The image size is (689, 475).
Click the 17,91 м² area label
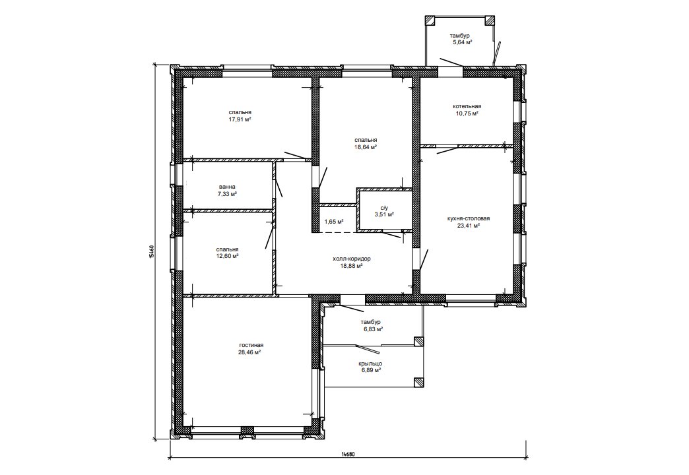point(240,119)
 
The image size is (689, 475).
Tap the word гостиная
point(251,346)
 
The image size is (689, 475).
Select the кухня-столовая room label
point(468,218)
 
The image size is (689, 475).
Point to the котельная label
point(467,106)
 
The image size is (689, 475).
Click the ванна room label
point(227,187)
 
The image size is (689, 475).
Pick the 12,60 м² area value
point(227,256)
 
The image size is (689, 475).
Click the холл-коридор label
point(352,259)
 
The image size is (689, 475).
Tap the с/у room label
point(384,208)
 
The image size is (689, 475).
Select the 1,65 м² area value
point(333,222)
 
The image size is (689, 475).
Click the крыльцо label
point(370,364)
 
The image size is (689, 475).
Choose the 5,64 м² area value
point(462,43)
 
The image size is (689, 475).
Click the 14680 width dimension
point(348,455)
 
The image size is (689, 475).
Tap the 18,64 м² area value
point(366,147)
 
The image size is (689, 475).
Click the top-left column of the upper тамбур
point(430,20)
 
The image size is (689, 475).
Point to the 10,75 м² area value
point(467,113)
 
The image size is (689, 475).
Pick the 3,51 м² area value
point(384,214)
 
